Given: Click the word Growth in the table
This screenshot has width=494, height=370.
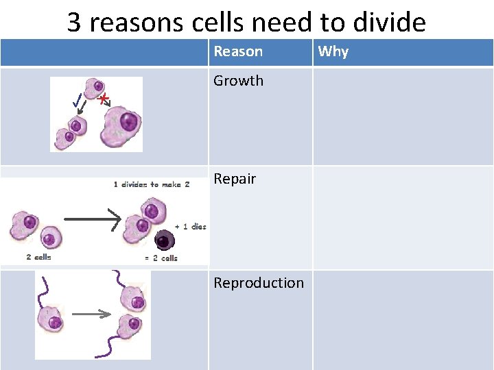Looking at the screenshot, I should [238, 81].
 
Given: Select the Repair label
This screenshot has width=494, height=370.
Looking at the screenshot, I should [235, 180].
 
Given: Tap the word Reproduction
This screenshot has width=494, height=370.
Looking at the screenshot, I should [259, 283].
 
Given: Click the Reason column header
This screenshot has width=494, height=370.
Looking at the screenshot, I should [238, 51].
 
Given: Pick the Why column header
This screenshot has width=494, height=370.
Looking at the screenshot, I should [333, 51].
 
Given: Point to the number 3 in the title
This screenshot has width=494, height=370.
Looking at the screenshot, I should [75, 23].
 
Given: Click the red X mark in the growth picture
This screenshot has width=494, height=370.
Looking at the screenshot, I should [103, 100].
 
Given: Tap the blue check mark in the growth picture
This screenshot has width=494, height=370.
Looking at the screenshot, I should [78, 103].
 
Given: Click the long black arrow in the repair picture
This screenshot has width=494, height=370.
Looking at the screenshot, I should [92, 219].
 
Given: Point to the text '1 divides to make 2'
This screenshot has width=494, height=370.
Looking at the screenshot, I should [152, 184].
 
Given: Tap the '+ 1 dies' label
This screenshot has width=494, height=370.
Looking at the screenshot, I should [190, 227].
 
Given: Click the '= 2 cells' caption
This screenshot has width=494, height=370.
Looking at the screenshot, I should [161, 258].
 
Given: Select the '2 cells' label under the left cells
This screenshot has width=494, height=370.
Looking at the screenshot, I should [38, 258].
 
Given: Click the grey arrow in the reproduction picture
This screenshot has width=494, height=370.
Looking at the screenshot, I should [91, 314].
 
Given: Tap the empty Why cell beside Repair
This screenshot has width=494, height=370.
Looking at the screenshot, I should [403, 217].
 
